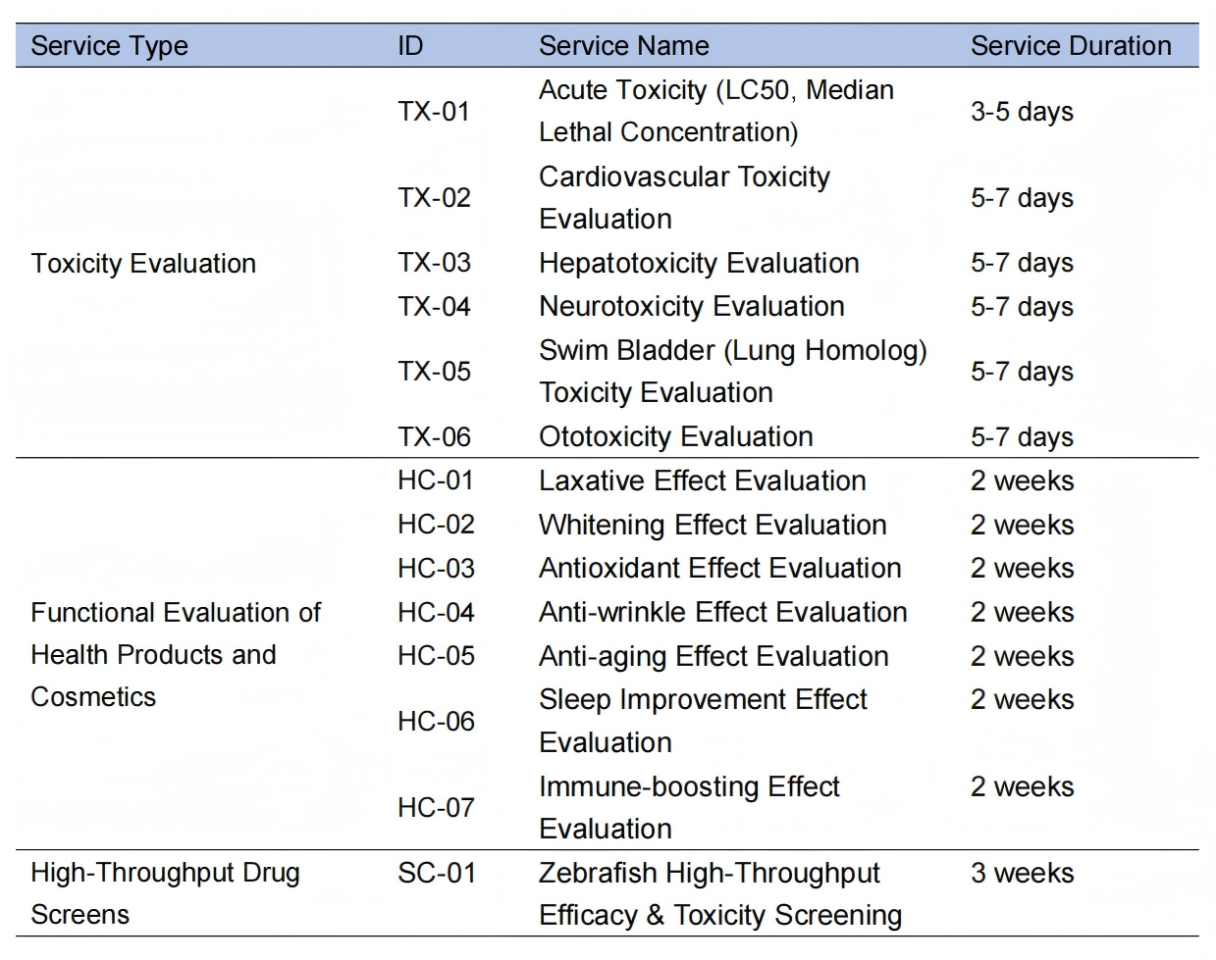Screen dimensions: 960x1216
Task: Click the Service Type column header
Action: [109, 46]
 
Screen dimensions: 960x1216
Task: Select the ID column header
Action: [410, 46]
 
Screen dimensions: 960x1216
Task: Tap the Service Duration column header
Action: [1071, 46]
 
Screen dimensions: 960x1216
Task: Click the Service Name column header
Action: [623, 46]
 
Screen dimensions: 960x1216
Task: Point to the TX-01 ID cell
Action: [434, 112]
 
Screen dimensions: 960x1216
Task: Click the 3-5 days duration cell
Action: [1022, 112]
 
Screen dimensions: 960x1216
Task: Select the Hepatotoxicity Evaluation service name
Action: [699, 263]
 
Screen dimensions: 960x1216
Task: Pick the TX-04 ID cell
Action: [434, 307]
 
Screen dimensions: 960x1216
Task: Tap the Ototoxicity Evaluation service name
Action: [675, 436]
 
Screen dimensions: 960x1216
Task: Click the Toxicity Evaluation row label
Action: [143, 264]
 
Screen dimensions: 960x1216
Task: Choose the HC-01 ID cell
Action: [436, 480]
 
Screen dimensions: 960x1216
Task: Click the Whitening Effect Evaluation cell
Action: [713, 525]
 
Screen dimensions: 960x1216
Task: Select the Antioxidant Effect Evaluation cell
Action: [719, 568]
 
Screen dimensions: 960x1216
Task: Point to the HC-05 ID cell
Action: [436, 656]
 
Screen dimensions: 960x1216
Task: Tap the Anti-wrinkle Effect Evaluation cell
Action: [722, 612]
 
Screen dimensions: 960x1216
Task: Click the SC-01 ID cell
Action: [437, 873]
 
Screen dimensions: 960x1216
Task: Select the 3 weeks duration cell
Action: [1022, 873]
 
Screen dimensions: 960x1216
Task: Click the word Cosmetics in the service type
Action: [93, 697]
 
